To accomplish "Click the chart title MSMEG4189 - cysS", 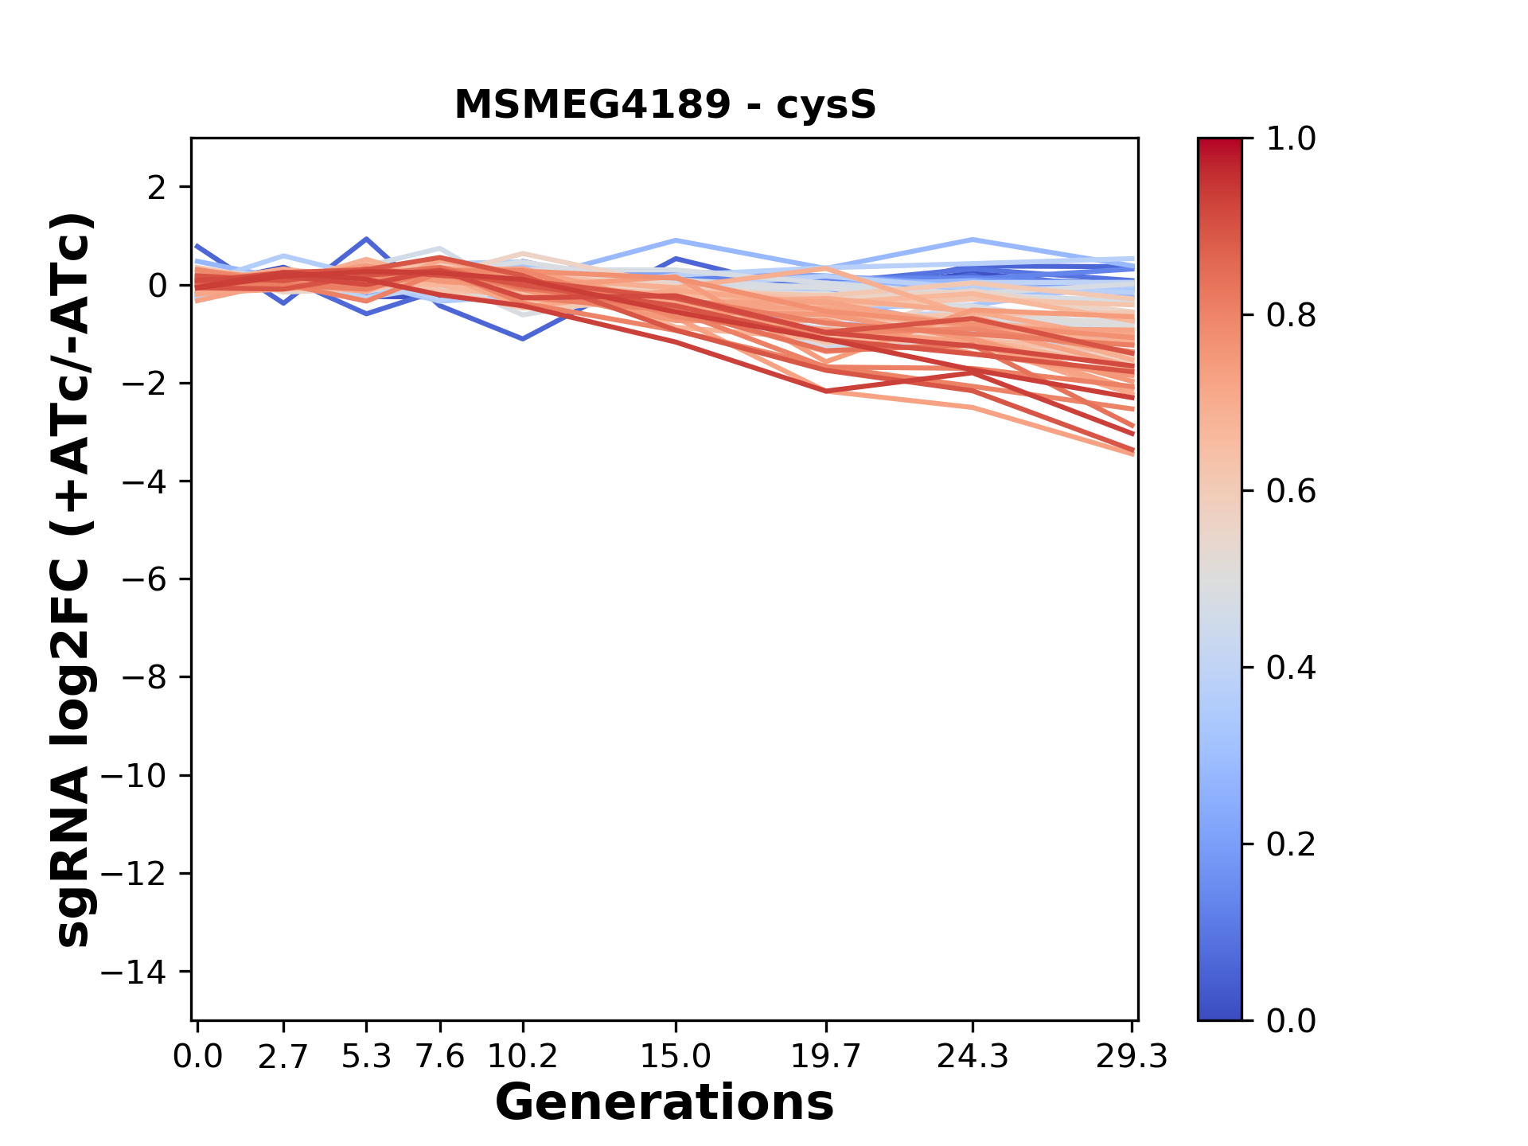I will point(665,105).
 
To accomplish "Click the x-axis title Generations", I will point(665,1102).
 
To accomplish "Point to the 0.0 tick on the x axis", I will point(197,1057).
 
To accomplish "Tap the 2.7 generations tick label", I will point(283,1057).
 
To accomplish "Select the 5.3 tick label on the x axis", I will point(366,1057).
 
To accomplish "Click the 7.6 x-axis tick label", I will point(440,1057).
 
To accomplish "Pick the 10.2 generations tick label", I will point(522,1057).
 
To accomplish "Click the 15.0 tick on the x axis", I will point(676,1057).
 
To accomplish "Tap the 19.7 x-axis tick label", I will point(826,1057).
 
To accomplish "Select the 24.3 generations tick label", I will point(973,1057).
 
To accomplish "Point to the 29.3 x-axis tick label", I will point(1132,1057).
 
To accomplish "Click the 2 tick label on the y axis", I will point(157,187).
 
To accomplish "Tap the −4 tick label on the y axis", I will point(143,481).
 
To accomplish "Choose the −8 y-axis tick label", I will point(143,677).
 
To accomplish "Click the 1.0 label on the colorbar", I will point(1291,139).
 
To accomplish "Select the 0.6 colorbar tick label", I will point(1291,492).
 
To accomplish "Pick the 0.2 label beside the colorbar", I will point(1291,844).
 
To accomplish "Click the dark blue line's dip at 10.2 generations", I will point(523,339).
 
